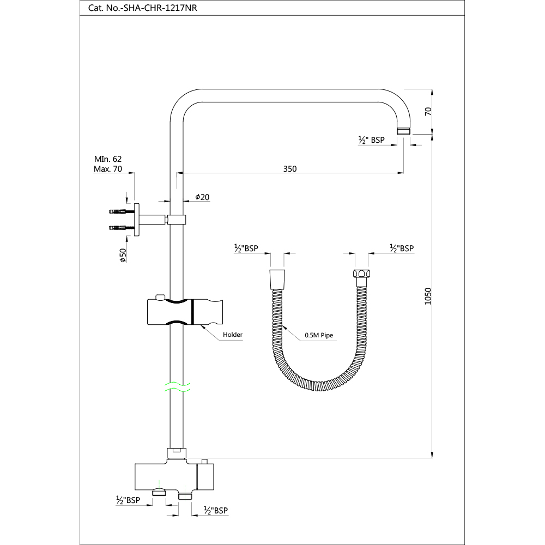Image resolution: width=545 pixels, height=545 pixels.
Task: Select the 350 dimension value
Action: (290, 168)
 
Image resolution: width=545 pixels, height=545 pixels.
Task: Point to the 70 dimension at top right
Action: (428, 111)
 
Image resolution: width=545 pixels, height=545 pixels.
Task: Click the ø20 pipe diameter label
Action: (202, 197)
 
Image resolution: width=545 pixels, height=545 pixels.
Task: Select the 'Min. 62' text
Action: (107, 159)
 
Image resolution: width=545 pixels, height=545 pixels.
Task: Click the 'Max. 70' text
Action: (107, 169)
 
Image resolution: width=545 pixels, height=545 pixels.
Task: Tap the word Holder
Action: (233, 335)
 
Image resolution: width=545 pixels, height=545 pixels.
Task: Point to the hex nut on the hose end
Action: (361, 274)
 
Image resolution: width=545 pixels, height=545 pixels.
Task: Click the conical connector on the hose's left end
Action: (277, 278)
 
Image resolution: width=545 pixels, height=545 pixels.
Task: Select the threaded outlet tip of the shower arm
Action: (404, 131)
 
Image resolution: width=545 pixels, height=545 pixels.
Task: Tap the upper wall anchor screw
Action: (118, 211)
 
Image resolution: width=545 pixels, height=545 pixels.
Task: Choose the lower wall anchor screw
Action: (118, 227)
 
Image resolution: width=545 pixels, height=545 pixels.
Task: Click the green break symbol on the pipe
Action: (175, 386)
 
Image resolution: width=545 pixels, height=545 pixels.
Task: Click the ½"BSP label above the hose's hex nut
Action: (402, 248)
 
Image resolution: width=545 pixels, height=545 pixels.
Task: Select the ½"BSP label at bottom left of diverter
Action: (128, 500)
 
